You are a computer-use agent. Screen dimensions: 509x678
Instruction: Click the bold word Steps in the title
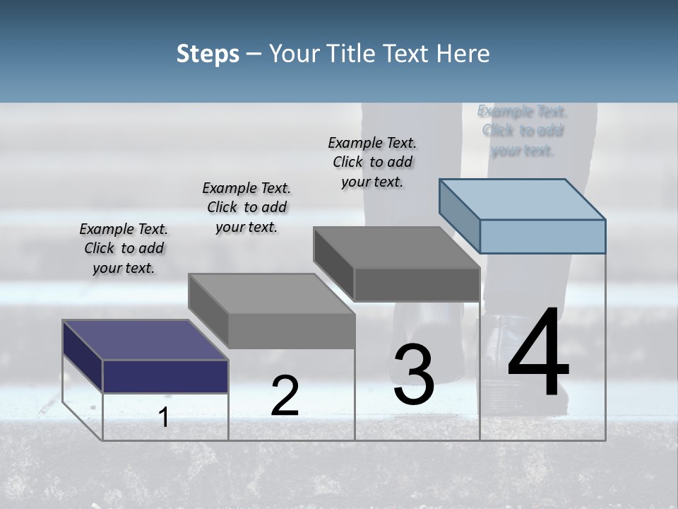208,54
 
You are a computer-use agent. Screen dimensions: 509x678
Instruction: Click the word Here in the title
460,54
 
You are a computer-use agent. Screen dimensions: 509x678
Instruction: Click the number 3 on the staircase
414,375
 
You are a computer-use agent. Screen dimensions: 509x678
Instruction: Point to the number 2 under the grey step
285,396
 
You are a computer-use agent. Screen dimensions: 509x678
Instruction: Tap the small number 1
163,418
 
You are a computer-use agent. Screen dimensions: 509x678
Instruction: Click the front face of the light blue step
542,236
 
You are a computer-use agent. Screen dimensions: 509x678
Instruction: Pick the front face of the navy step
165,376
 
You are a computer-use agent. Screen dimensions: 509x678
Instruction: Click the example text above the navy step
124,248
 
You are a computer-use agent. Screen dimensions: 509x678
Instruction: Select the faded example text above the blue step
522,131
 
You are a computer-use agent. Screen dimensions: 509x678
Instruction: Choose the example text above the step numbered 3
372,162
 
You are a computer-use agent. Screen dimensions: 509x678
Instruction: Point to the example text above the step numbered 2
246,207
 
